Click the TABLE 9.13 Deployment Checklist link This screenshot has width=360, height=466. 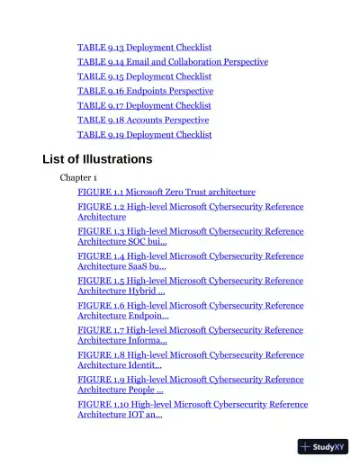pos(144,47)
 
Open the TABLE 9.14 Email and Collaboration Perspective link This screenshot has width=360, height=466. pos(172,62)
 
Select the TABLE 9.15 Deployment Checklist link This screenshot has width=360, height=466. pos(144,76)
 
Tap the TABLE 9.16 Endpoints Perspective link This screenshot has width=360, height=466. pos(145,91)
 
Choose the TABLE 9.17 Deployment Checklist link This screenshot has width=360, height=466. pos(144,105)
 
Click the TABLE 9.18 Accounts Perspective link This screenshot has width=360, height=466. pos(143,120)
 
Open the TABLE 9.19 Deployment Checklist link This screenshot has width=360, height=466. pos(144,135)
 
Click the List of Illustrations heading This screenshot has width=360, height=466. pos(97,159)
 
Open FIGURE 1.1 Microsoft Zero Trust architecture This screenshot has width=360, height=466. pos(166,192)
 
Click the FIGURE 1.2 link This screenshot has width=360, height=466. pos(190,211)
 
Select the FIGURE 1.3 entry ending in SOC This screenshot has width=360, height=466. pos(190,236)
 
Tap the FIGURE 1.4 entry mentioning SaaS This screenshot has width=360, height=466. pos(190,261)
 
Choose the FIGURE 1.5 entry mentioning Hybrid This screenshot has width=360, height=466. pos(190,285)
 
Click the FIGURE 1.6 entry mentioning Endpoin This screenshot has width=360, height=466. pos(190,310)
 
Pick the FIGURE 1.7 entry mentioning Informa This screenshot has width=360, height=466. pos(190,335)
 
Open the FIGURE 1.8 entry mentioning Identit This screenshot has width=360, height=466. pos(190,360)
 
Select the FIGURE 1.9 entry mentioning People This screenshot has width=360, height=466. pos(190,384)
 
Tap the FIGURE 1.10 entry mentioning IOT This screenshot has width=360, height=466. pos(193,409)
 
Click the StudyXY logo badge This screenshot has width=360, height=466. pos(323,446)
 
